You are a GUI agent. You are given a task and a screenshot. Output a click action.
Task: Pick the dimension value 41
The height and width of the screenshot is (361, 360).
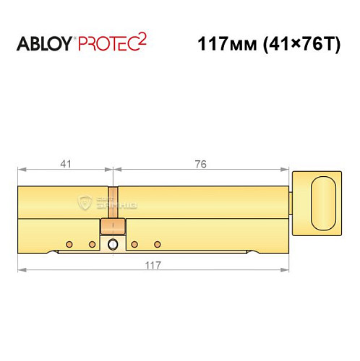pyautogui.click(x=64, y=165)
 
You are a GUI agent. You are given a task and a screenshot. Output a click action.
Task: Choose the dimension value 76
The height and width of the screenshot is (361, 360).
pyautogui.click(x=200, y=165)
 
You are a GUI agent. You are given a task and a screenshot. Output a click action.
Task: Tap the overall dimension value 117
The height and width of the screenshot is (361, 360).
pyautogui.click(x=152, y=265)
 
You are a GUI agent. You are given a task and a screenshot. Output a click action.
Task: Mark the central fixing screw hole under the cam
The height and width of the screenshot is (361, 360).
pyautogui.click(x=112, y=245)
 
